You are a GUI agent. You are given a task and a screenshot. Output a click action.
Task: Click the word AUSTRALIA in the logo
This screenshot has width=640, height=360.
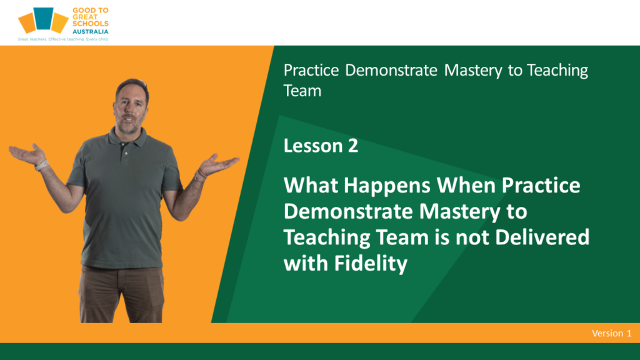click(90, 31)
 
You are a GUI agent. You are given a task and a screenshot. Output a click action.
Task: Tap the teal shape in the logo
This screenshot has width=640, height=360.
click(43, 18)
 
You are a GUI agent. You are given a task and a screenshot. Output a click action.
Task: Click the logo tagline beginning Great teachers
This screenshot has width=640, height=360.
click(63, 39)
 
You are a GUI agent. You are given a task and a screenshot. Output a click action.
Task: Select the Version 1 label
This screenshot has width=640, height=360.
click(611, 333)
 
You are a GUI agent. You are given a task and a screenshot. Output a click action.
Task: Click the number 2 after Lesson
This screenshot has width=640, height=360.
click(353, 146)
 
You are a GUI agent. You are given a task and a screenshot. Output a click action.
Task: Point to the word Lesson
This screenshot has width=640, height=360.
click(313, 146)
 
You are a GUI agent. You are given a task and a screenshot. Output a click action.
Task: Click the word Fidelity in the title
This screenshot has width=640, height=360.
click(371, 264)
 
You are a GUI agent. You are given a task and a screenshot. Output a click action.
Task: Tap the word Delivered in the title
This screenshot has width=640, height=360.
click(542, 237)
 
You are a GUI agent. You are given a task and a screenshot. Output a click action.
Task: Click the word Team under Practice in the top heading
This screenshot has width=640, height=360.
click(302, 91)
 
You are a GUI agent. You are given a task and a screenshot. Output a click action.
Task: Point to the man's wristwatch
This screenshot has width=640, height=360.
click(41, 165)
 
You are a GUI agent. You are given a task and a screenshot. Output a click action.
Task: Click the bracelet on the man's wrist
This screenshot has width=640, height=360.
click(200, 174)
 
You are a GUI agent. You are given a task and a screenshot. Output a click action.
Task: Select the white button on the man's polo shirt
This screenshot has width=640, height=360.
click(126, 154)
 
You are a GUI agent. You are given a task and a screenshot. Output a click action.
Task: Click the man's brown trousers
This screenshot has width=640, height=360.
click(121, 294)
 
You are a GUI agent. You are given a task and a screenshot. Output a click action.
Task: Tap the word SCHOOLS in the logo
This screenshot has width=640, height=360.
click(90, 24)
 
